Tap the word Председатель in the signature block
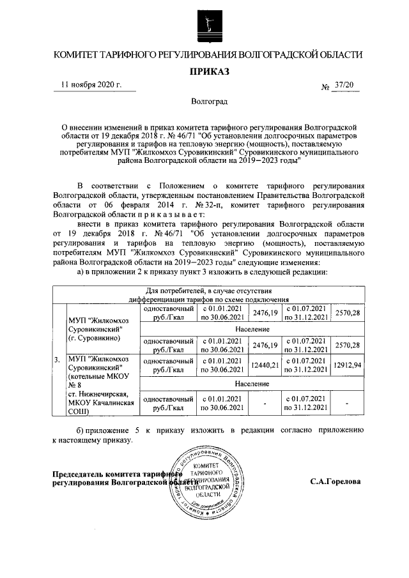[x=77, y=474]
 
